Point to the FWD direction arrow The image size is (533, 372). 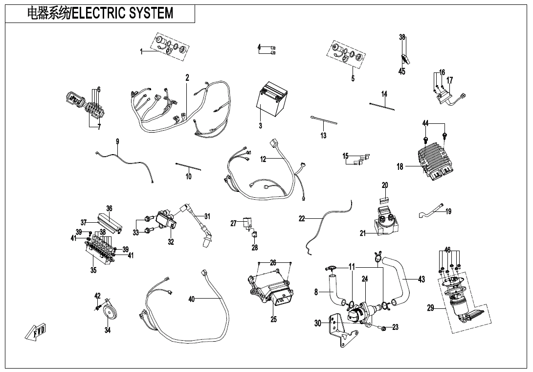pyautogui.click(x=36, y=333)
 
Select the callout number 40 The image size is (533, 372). pyautogui.click(x=192, y=299)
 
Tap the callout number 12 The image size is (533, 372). pyautogui.click(x=263, y=159)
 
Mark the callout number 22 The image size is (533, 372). pyautogui.click(x=302, y=219)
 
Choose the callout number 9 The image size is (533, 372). pyautogui.click(x=117, y=141)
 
